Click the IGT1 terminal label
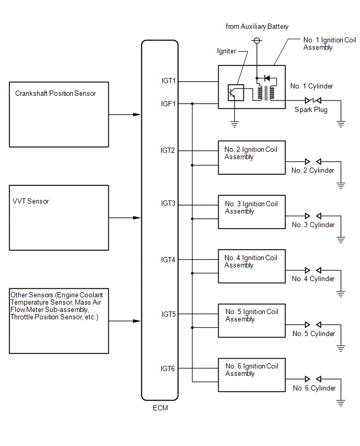168,81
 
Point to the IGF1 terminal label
168,104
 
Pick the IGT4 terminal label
168,260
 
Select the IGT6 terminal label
168,369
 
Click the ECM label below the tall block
161,408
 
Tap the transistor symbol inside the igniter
236,93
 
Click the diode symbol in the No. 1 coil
267,78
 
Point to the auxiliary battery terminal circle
257,41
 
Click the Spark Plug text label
311,110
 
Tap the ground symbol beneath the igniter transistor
234,124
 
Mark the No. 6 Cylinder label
314,388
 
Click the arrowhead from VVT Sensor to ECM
137,218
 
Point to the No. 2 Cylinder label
312,170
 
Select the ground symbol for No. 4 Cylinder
341,294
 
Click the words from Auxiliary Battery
257,27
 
